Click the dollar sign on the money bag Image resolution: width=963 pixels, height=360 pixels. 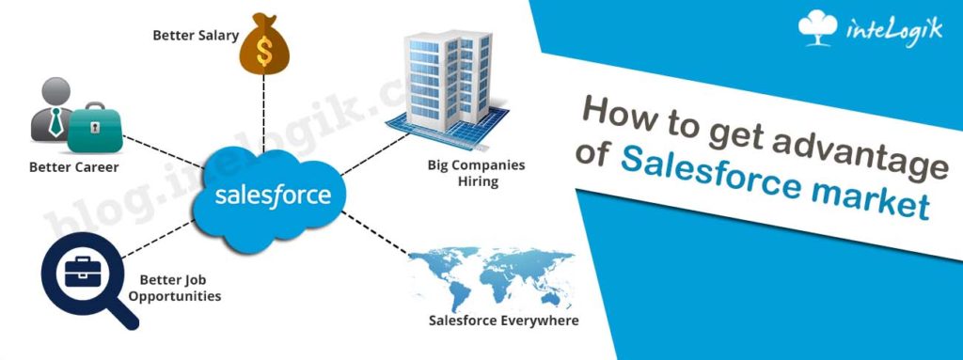(264, 51)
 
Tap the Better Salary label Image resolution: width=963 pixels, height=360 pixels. (196, 35)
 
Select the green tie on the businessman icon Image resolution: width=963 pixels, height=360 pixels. (55, 121)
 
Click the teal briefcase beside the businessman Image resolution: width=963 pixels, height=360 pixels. (95, 127)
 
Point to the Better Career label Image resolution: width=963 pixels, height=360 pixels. (73, 167)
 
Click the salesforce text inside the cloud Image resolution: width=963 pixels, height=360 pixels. (273, 195)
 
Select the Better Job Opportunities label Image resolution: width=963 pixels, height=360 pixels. (181, 289)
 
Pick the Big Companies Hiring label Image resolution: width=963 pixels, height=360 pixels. (477, 173)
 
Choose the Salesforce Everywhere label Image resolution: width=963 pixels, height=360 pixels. (504, 321)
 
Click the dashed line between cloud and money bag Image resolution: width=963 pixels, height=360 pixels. (263, 115)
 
